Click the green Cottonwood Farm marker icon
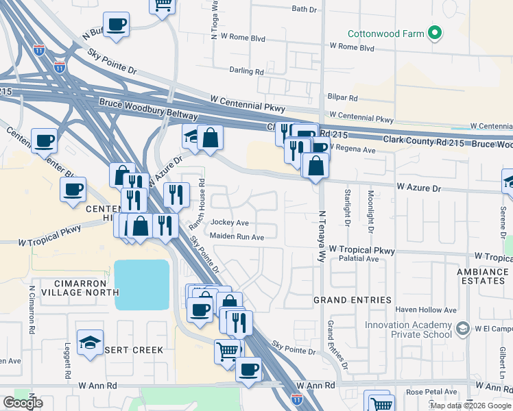pos(433,32)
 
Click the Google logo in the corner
pos(23,403)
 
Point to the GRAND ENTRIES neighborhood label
pos(353,300)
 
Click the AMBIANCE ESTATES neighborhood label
pos(482,276)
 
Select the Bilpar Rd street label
pos(344,98)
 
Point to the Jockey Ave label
pos(229,223)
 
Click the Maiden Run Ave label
pos(237,237)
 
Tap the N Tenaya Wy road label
pos(320,237)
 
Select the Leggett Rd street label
pos(67,362)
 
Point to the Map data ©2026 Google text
pos(470,406)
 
